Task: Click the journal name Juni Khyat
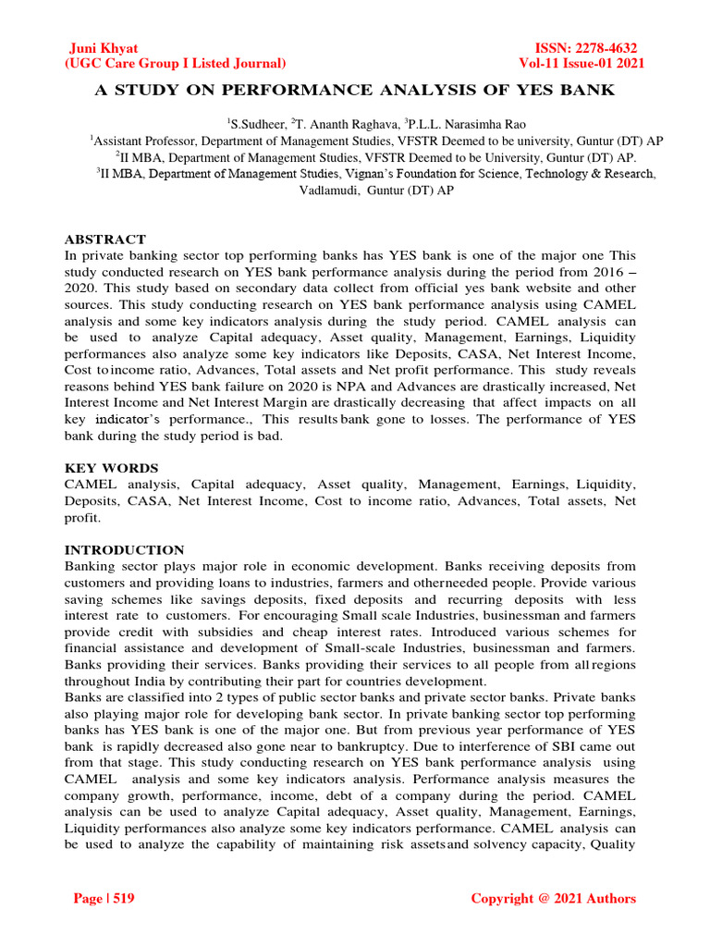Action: point(104,48)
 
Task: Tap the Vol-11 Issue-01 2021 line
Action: point(582,64)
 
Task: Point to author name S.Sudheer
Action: point(258,123)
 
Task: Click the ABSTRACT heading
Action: point(105,239)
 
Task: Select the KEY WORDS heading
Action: point(111,468)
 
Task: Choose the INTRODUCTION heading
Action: point(124,549)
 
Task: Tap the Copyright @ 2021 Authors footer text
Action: point(553,898)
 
